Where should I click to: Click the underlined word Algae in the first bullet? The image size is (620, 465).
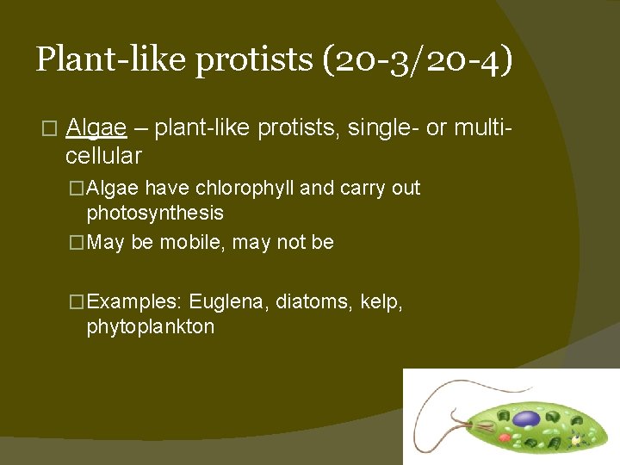click(96, 129)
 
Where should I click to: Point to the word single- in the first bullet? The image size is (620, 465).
click(384, 129)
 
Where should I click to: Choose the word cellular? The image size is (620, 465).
click(103, 156)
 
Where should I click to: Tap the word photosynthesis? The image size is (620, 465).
click(155, 213)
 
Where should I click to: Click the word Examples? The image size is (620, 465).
click(134, 302)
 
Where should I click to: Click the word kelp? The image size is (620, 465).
click(380, 302)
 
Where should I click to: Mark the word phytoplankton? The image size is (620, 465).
click(151, 327)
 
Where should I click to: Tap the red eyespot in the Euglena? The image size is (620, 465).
click(505, 437)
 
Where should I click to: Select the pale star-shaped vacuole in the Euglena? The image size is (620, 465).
click(575, 441)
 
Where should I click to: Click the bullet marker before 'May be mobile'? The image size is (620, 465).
click(77, 243)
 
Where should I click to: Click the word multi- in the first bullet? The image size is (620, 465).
click(482, 129)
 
